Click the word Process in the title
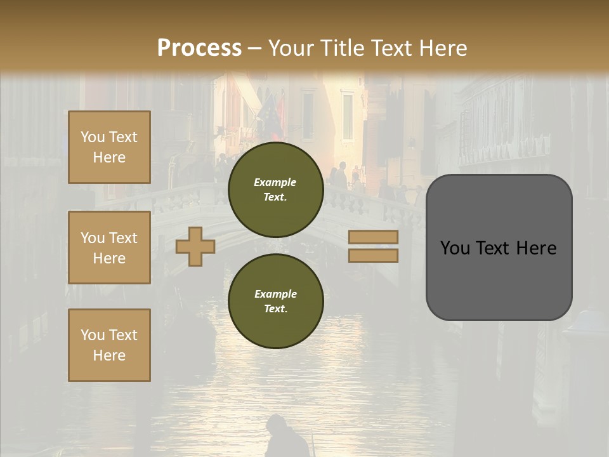coord(199,48)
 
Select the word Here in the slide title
coord(442,48)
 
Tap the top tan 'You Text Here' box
coord(109,147)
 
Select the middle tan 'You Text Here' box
coord(109,248)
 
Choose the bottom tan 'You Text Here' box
coord(109,345)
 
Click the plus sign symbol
coord(195,247)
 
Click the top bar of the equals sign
coord(373,237)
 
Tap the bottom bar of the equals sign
coord(373,255)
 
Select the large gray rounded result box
coord(499,279)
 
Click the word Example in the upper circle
coord(275,182)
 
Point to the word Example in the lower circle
coord(275,294)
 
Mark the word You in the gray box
coord(455,248)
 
